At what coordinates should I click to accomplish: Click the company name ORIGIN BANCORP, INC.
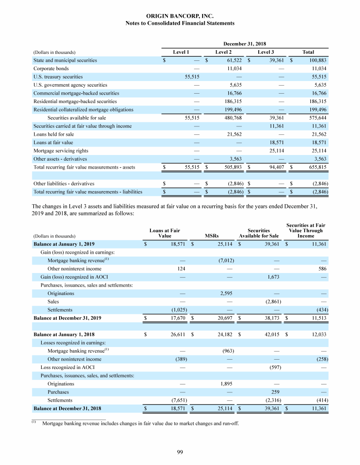point(180,16)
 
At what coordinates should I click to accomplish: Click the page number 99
point(180,451)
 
